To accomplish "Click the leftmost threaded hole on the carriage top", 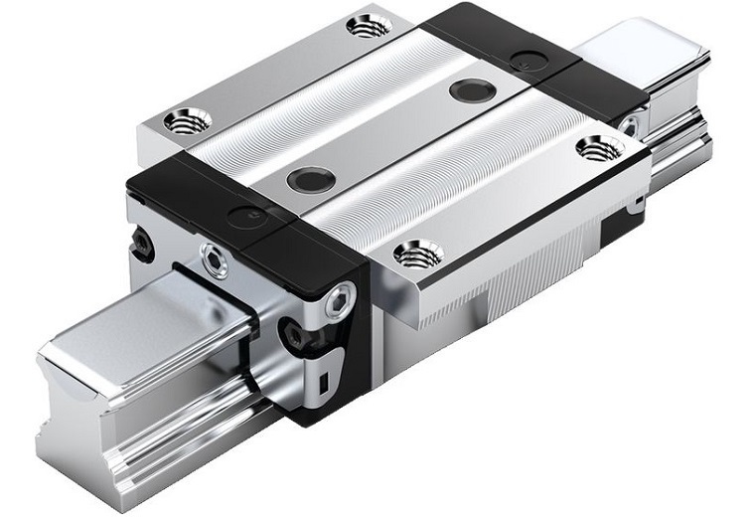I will click(x=187, y=121).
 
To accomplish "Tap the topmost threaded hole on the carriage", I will click(x=369, y=25).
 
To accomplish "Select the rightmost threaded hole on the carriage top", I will click(x=599, y=148).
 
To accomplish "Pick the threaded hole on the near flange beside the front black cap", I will click(x=418, y=254).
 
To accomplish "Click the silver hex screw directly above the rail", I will click(x=214, y=261).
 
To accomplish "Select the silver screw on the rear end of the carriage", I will click(x=628, y=125).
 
